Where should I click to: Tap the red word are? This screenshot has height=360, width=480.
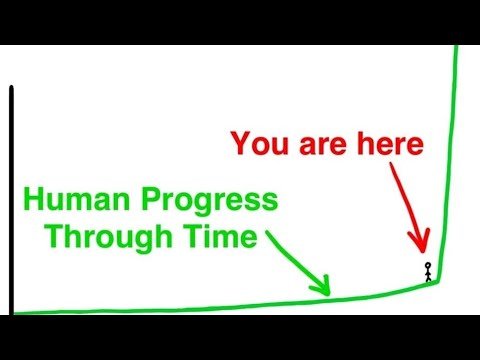pyautogui.click(x=326, y=144)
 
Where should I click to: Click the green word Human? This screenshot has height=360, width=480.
pyautogui.click(x=72, y=201)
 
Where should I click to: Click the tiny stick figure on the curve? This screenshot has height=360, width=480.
pyautogui.click(x=428, y=271)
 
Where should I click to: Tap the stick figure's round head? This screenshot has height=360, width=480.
pyautogui.click(x=428, y=265)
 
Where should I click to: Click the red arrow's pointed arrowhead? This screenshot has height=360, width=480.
pyautogui.click(x=423, y=249)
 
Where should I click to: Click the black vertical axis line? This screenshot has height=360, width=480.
pyautogui.click(x=11, y=200)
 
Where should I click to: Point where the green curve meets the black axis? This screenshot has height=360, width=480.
pyautogui.click(x=13, y=312)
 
